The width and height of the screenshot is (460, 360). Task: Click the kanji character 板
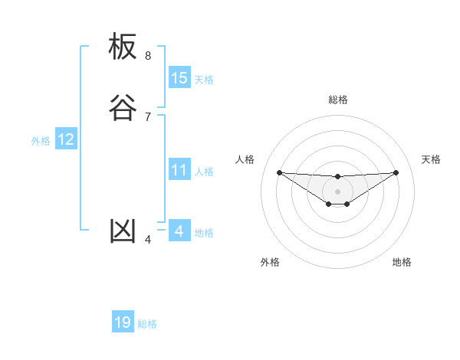[x=123, y=47]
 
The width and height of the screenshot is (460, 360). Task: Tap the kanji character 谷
[x=123, y=108]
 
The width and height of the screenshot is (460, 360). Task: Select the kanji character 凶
[x=123, y=231]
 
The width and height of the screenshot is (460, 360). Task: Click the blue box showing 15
[x=179, y=78]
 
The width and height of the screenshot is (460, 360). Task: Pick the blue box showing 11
[x=179, y=170]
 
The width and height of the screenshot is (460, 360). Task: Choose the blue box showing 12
[x=66, y=139]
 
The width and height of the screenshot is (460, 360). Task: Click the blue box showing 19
[x=123, y=322]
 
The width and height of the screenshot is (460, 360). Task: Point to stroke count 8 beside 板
[x=148, y=56]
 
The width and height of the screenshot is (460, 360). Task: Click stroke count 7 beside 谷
[x=148, y=116]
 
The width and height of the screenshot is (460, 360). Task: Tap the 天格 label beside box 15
[x=204, y=80]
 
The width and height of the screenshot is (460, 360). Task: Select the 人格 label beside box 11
[x=204, y=172]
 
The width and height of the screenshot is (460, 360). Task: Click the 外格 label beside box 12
[x=41, y=141]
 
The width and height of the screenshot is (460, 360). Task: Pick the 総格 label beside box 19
[x=147, y=324]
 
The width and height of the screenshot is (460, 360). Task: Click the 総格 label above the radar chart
[x=337, y=100]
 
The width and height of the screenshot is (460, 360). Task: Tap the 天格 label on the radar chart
[x=432, y=159]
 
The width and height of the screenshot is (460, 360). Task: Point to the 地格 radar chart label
[x=402, y=262]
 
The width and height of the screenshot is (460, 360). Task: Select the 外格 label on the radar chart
[x=270, y=262]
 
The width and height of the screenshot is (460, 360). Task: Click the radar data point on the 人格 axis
[x=279, y=172]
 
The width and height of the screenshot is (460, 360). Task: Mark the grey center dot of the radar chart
[x=337, y=191]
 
